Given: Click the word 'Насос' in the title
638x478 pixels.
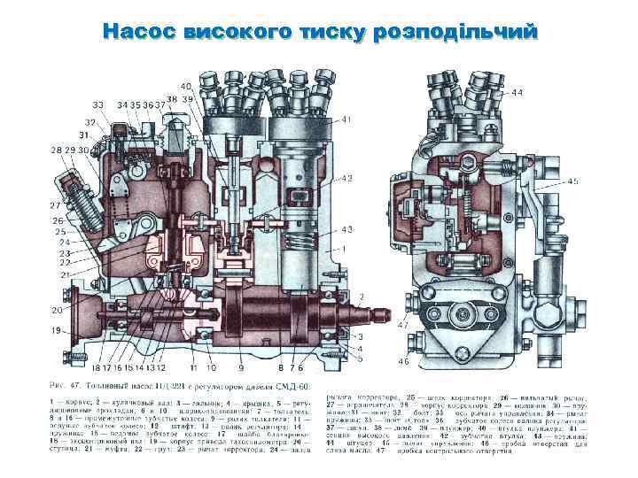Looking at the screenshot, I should pyautogui.click(x=140, y=32).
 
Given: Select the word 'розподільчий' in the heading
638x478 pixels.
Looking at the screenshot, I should pyautogui.click(x=456, y=33).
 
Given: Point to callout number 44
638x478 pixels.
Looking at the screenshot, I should pyautogui.click(x=517, y=93).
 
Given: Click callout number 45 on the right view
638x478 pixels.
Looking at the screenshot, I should pyautogui.click(x=573, y=181).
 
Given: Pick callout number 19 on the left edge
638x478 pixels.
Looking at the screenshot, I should pyautogui.click(x=57, y=330).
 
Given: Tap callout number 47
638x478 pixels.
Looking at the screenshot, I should pyautogui.click(x=403, y=326).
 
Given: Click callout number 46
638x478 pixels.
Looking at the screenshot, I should pyautogui.click(x=403, y=362).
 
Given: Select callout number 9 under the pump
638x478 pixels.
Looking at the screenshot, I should pyautogui.click(x=240, y=366).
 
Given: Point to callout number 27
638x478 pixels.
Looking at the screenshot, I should pyautogui.click(x=55, y=205).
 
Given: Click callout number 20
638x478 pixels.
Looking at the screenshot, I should pyautogui.click(x=57, y=310).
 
